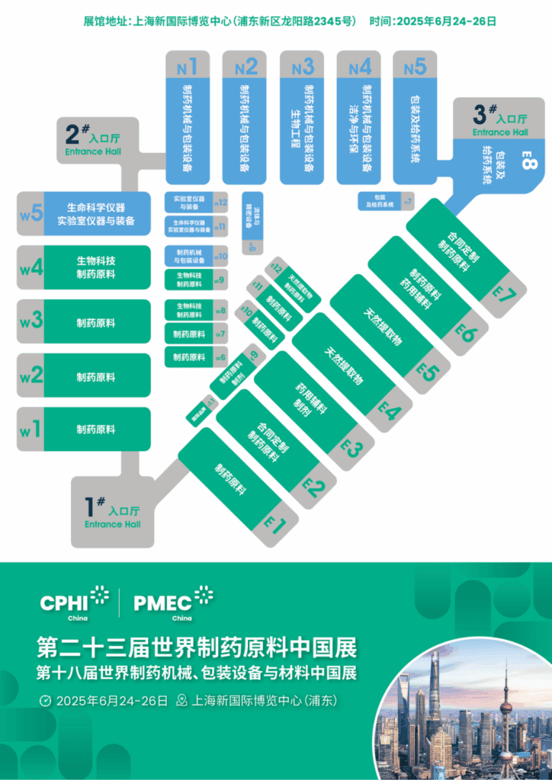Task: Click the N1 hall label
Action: [x=188, y=68]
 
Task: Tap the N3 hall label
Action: [x=303, y=68]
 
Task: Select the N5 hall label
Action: [x=415, y=68]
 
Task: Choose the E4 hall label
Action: [x=390, y=412]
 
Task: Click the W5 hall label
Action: [x=30, y=214]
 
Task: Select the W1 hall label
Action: [x=30, y=429]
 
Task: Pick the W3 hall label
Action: [x=30, y=321]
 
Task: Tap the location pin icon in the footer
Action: [x=181, y=701]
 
